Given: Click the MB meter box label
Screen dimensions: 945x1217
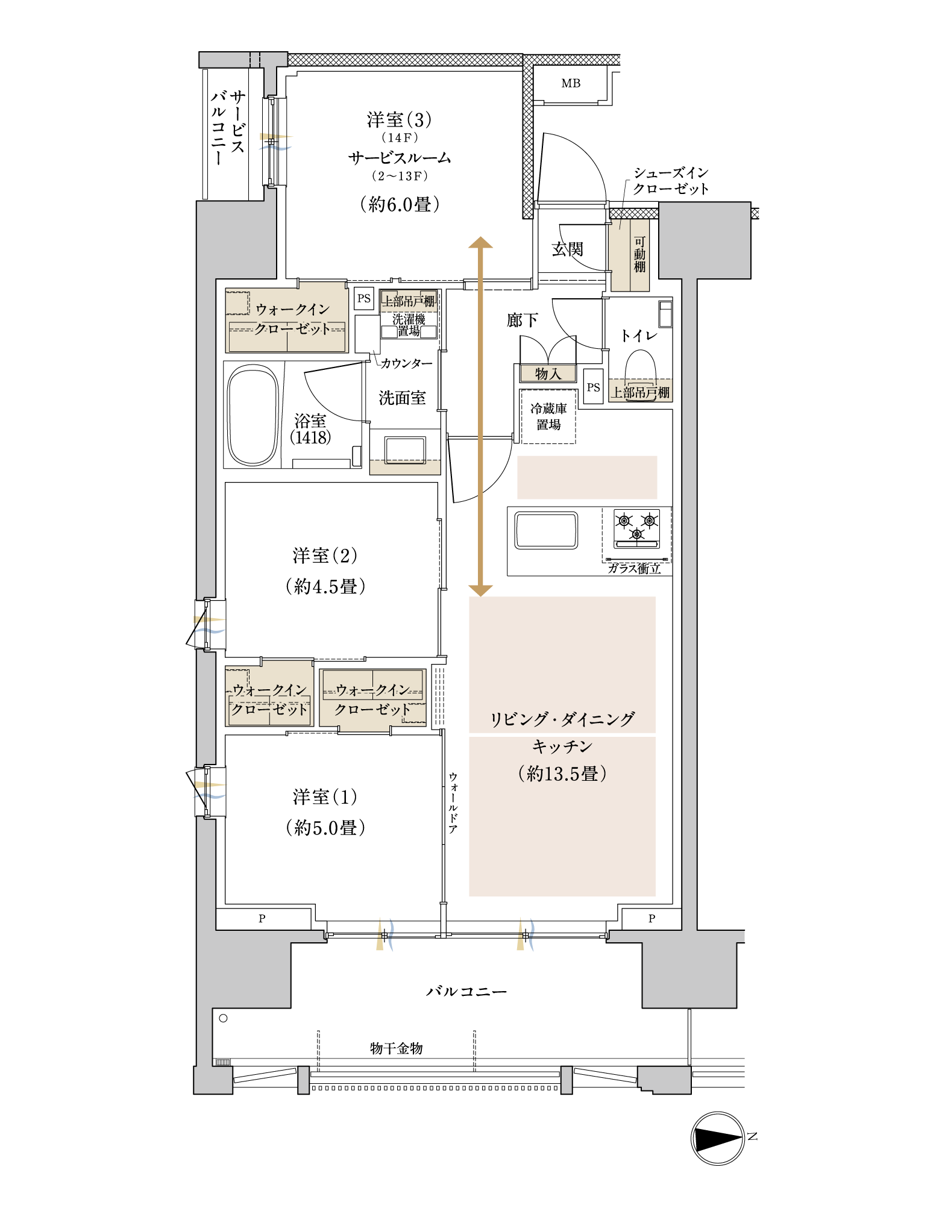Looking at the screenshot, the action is coord(571,83).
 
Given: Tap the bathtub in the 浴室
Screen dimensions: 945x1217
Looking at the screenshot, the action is coord(253,415).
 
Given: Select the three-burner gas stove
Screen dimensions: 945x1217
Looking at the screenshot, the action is coord(636,528).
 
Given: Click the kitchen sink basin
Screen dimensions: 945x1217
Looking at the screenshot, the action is coord(546,530).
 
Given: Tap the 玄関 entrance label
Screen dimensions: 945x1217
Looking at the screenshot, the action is coord(567,249).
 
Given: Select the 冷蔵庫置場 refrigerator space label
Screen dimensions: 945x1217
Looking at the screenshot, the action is coord(548,416).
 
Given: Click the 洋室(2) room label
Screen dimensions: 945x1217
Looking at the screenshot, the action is coord(325,555).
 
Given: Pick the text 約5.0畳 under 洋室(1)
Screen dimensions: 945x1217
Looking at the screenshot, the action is coord(325,827).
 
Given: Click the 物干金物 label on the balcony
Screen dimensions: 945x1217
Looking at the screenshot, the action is coord(396,1048).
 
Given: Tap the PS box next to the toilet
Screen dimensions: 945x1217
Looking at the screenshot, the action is coord(594,387).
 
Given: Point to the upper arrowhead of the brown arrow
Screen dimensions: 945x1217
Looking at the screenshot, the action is coord(481,242).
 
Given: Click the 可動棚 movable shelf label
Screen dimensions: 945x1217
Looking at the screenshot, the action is coord(639,254).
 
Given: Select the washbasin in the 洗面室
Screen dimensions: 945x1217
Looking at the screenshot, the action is coord(405,450).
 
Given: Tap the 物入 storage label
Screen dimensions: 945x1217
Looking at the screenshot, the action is coord(548,374).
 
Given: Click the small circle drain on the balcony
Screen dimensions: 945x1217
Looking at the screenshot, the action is coord(223,1018).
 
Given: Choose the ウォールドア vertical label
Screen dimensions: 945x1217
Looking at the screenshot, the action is coord(453,803).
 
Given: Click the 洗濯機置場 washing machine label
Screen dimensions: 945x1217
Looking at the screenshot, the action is coord(409,325).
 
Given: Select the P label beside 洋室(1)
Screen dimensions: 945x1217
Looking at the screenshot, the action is coord(262,919).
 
